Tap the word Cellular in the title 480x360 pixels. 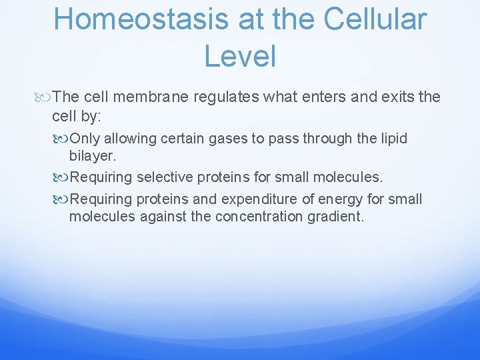pyautogui.click(x=375, y=19)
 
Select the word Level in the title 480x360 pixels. pyautogui.click(x=240, y=55)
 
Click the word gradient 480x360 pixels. pyautogui.click(x=337, y=216)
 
